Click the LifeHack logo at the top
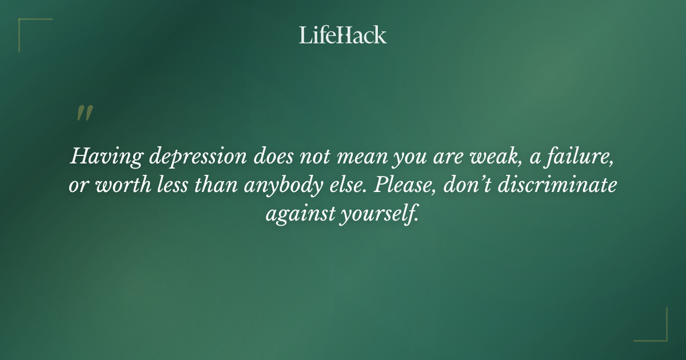pos(342,35)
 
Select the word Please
pos(405,187)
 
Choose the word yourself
pos(379,216)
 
